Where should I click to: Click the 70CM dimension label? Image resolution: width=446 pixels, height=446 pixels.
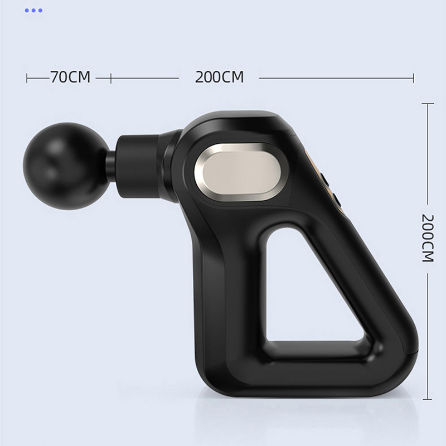70,77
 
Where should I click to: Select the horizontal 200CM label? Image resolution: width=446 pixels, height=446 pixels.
219,77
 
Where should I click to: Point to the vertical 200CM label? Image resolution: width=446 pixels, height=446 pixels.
428,238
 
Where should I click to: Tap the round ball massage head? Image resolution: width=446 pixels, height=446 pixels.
66,166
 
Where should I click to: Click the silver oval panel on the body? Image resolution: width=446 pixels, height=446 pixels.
241,172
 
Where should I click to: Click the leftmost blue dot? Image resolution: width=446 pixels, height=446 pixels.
27,11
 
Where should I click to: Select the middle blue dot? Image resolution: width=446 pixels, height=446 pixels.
33,11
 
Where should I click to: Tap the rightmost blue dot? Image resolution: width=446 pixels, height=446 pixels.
40,11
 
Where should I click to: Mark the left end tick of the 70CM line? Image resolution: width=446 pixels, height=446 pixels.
27,78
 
